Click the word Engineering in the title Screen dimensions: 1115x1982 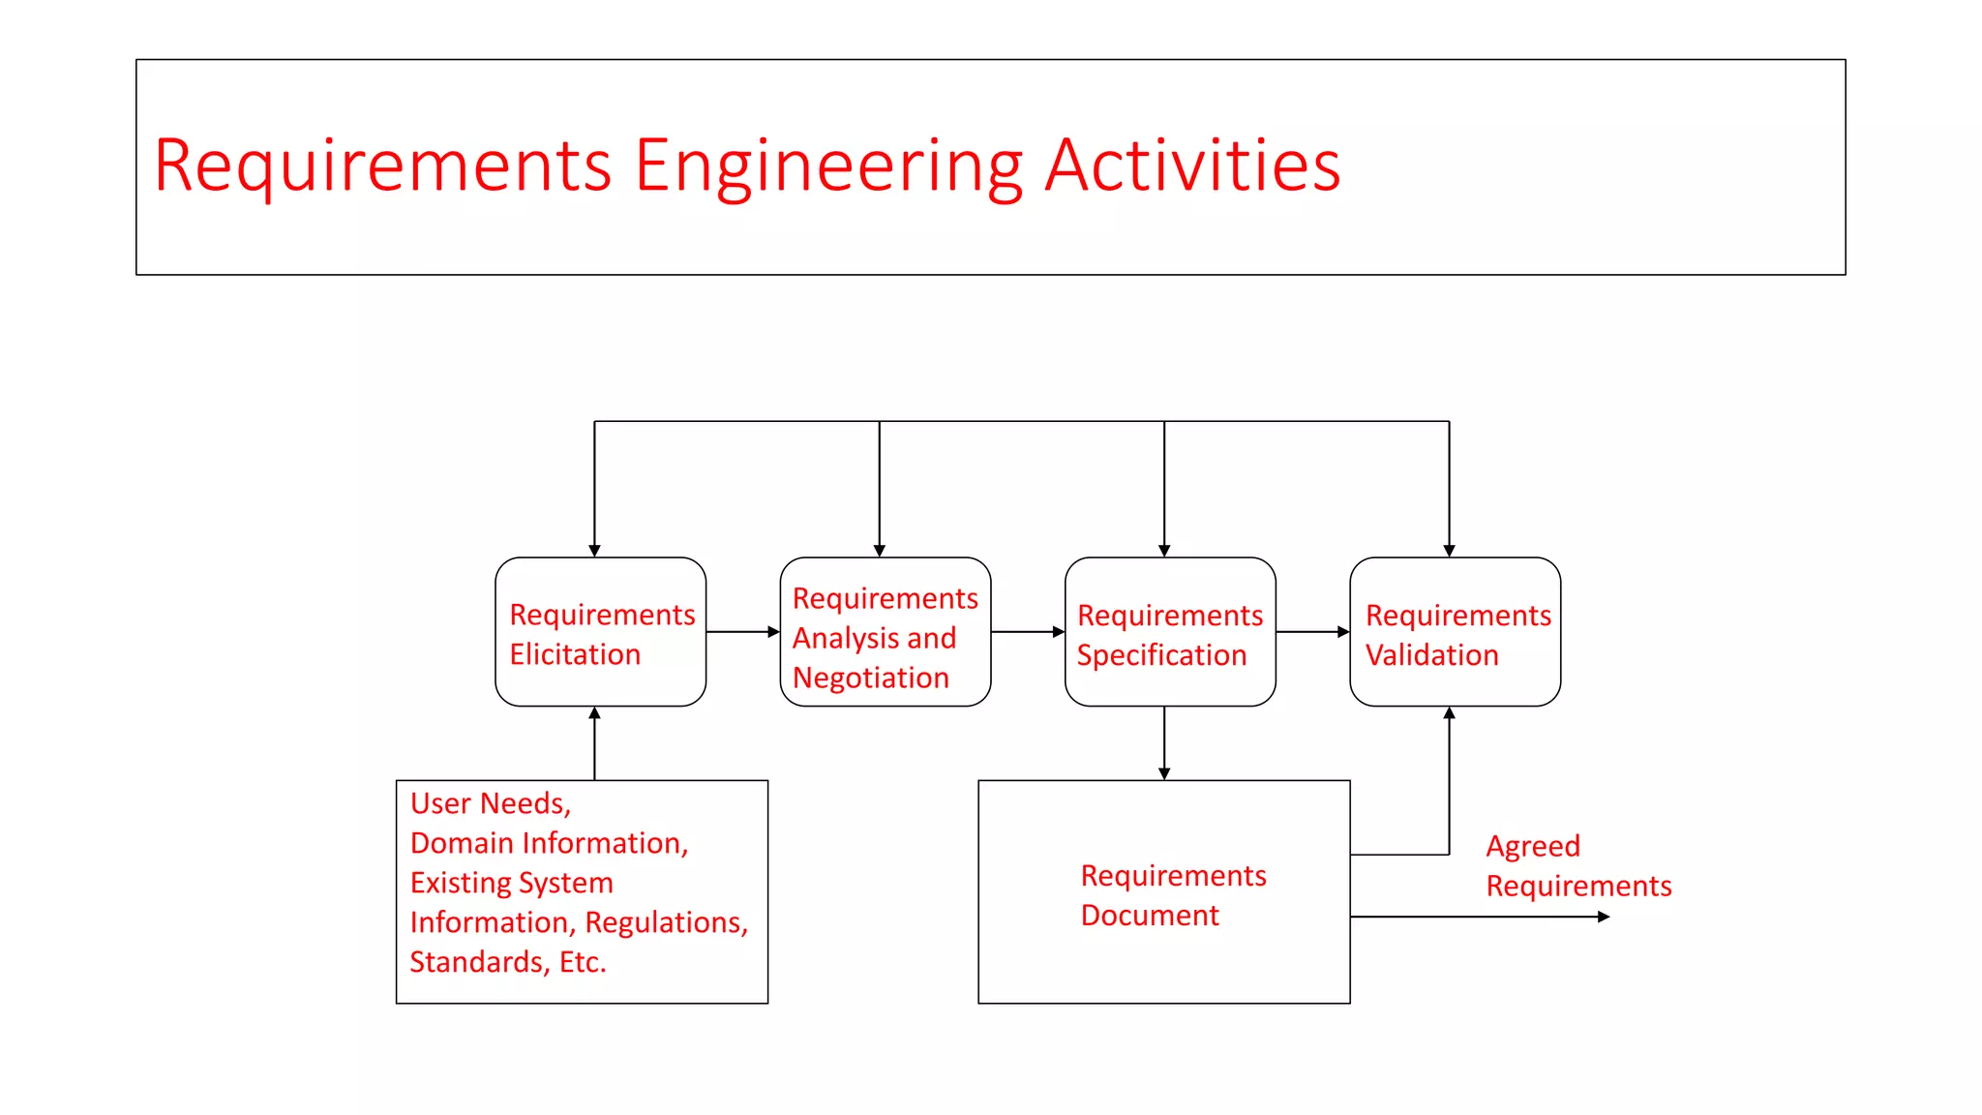(828, 166)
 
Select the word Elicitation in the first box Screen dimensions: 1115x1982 (575, 655)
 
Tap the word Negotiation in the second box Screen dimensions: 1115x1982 (871, 678)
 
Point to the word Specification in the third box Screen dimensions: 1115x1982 (1161, 656)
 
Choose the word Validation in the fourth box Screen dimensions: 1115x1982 (1431, 656)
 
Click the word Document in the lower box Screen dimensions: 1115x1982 (1150, 916)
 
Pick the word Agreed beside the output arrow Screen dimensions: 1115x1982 (1533, 847)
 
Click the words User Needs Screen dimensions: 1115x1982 (490, 804)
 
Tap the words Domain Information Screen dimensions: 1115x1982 (548, 844)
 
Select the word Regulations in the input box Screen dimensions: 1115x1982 (666, 923)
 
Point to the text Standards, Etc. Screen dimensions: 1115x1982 (508, 963)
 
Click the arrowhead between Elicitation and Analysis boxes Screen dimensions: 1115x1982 (774, 632)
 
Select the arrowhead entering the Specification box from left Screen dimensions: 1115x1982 (1059, 632)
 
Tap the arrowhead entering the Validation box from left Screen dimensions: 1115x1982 (1343, 632)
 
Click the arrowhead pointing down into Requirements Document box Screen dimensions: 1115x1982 (1164, 774)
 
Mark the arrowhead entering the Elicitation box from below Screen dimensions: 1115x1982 (594, 713)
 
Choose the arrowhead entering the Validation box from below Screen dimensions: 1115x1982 (1449, 713)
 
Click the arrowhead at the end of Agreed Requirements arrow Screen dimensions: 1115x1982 (1604, 917)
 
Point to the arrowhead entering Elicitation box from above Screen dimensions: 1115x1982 (594, 551)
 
